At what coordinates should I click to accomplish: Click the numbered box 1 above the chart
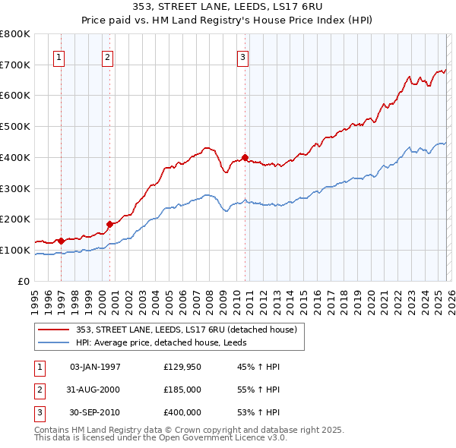click(59, 56)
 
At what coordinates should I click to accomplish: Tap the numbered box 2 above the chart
click(108, 56)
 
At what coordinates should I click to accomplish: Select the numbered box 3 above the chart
click(242, 56)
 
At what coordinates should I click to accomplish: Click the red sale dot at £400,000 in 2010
click(245, 157)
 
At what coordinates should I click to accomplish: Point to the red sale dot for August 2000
click(110, 224)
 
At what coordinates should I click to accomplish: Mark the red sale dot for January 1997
click(62, 241)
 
